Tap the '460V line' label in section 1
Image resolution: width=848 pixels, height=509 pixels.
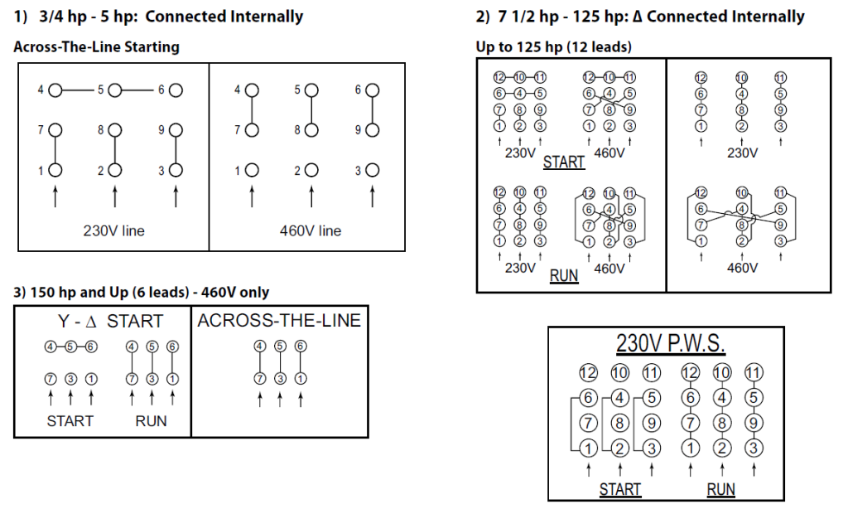coord(311,230)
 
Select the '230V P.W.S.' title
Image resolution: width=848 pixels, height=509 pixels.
coord(671,343)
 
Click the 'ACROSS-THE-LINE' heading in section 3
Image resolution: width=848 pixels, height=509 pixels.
coord(279,320)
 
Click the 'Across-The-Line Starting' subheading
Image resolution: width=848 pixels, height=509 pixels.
coord(96,47)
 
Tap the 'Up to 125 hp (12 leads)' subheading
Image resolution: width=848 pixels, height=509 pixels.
coord(552,47)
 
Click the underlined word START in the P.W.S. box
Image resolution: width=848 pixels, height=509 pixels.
coord(620,489)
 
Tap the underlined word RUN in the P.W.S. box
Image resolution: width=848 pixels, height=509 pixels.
coord(721,489)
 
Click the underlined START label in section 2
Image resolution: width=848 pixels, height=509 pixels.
coord(564,162)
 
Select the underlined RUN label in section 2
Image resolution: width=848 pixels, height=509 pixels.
coord(564,275)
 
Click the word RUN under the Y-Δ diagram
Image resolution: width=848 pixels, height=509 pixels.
coord(151,421)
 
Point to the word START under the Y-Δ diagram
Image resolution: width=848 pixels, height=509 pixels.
coord(70,421)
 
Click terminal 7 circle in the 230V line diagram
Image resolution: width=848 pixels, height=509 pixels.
coord(55,130)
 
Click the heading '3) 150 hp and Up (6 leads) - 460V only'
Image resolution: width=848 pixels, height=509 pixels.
coord(141,292)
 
